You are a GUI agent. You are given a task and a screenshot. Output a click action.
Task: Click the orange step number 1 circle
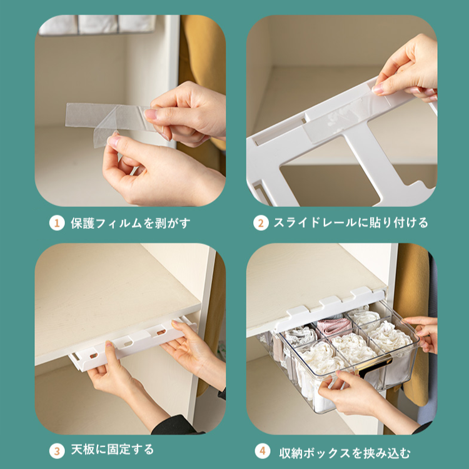tap(57, 223)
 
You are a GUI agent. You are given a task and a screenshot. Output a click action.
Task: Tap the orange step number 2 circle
tap(261, 223)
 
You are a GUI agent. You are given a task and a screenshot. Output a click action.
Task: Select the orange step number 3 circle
tap(57, 450)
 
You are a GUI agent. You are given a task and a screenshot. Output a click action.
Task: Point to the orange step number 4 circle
tap(262, 450)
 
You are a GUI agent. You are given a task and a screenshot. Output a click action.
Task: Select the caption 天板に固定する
tap(112, 450)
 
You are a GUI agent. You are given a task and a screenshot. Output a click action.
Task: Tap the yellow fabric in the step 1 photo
tap(203, 69)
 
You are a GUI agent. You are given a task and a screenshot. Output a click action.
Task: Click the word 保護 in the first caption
tap(82, 223)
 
